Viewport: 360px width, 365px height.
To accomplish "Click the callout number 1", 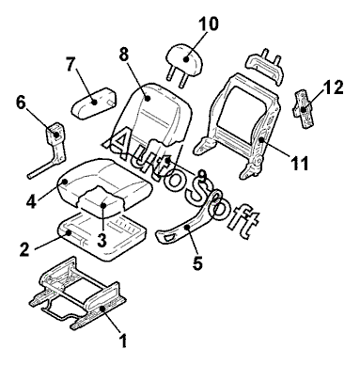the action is point(124,341).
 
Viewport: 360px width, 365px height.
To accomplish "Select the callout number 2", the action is point(24,249).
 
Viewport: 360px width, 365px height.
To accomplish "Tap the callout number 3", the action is point(102,241).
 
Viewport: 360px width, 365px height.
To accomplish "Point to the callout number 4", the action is point(31,200).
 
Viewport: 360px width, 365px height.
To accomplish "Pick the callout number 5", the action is point(197,262).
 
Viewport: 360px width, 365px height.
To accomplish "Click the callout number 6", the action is point(21,103).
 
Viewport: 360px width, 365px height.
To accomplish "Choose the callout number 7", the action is point(71,64).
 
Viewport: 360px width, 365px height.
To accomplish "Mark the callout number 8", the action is point(124,55).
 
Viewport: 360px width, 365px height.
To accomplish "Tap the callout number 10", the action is point(209,24).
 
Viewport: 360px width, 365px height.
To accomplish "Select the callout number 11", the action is point(299,163).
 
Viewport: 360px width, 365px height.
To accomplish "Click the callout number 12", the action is point(333,87).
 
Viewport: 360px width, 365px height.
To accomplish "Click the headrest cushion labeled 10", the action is point(184,59).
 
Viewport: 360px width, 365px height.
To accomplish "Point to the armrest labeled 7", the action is point(93,103).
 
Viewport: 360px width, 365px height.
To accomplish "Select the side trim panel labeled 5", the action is point(187,224).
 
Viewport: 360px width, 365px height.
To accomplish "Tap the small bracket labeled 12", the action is point(303,109).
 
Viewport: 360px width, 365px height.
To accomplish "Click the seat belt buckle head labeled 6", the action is point(55,134).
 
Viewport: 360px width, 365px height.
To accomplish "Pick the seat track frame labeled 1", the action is point(78,293).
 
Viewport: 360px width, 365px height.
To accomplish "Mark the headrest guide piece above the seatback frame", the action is point(266,65).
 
